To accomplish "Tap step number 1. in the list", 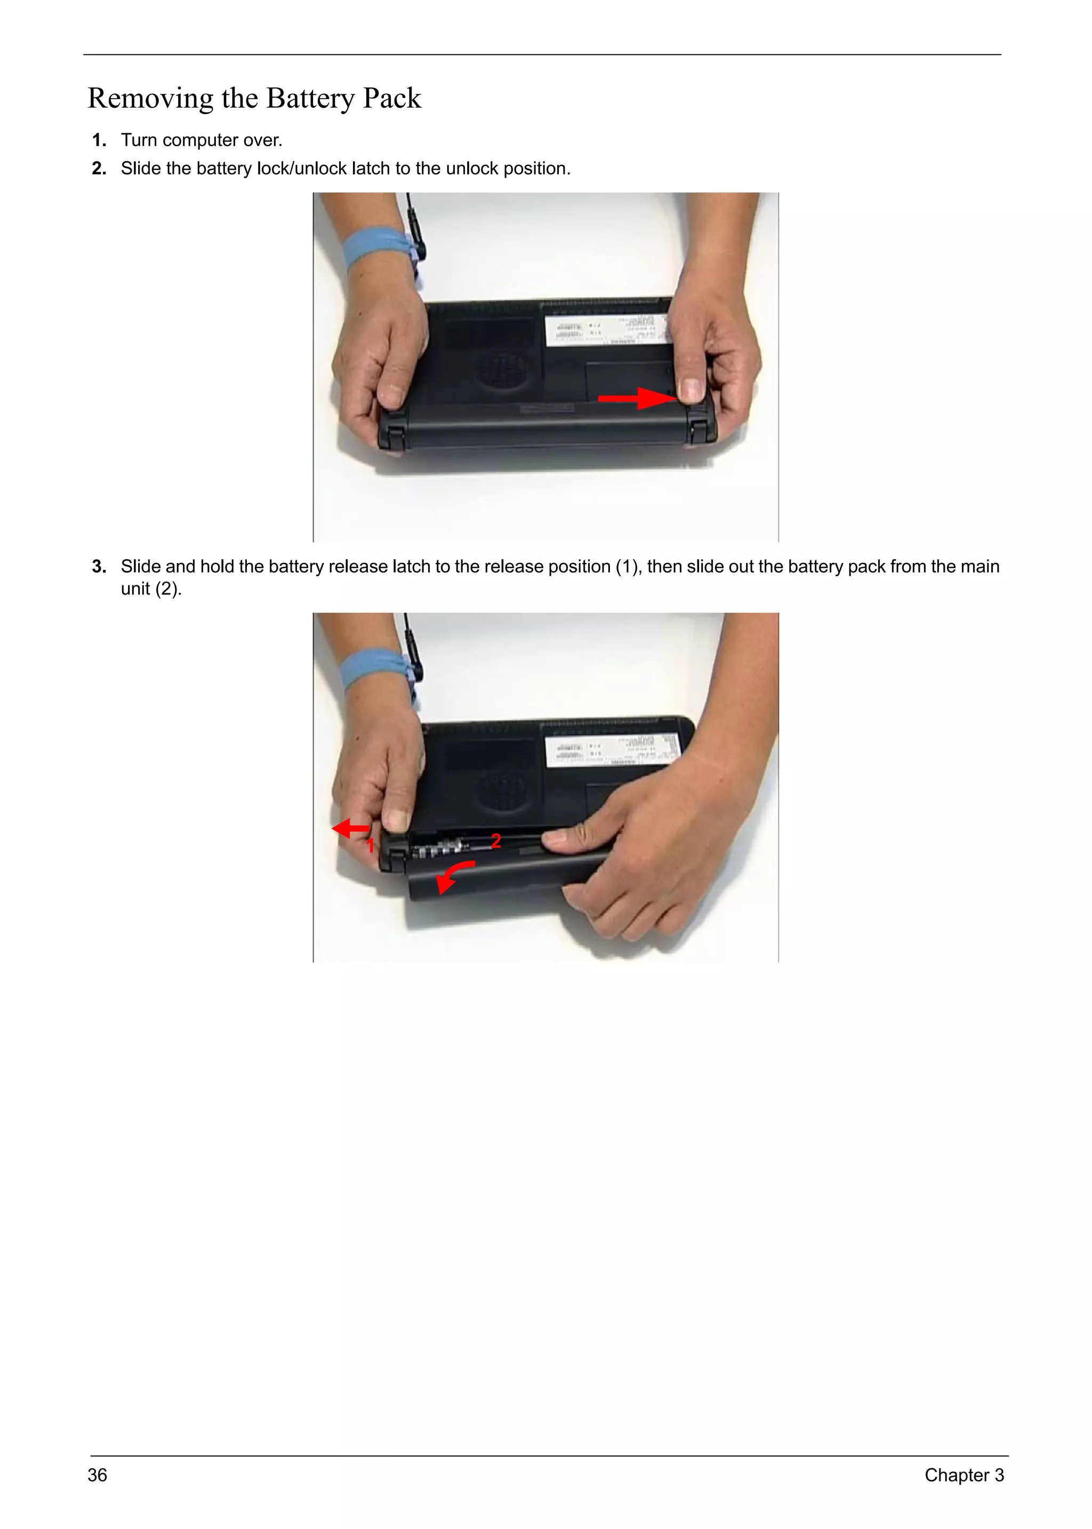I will tap(99, 141).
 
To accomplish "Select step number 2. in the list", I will tap(99, 169).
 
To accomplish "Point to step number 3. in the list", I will tap(99, 567).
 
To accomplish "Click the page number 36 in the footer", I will tap(98, 1475).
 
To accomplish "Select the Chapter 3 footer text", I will tap(963, 1475).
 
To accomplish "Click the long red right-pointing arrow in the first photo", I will tap(636, 398).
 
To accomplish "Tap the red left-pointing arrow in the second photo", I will tap(350, 828).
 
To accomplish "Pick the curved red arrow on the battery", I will tap(454, 875).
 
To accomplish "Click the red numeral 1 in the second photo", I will tap(370, 845).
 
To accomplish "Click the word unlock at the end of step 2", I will tap(472, 169).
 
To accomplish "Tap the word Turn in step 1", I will tap(139, 141).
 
